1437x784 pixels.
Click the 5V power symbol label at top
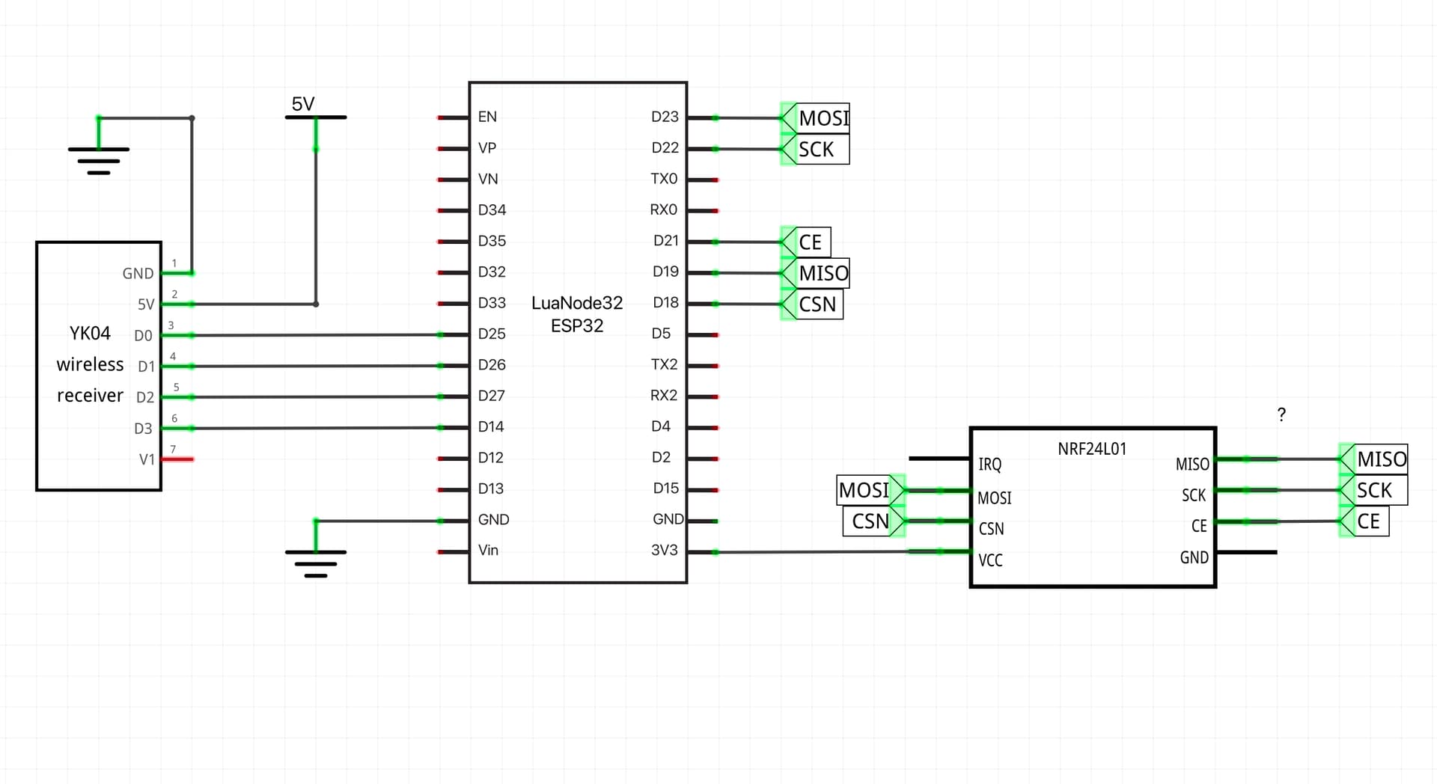303,104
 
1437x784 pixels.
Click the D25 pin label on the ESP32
492,334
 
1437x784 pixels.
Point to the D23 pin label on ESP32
665,117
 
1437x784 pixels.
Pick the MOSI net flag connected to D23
823,118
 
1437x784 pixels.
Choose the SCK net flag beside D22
816,150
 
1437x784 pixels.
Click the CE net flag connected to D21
810,242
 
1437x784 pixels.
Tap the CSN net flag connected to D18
817,304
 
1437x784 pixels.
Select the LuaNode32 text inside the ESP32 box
576,303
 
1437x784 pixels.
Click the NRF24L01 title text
1091,449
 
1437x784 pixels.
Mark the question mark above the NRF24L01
1281,414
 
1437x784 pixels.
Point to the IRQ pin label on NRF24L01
989,465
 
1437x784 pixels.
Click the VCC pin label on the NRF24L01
990,560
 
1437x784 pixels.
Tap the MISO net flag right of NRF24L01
1381,459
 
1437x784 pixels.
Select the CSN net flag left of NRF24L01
870,521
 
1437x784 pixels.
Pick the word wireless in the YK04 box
90,364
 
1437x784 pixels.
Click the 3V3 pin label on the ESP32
664,551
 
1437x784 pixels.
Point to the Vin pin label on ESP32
488,551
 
